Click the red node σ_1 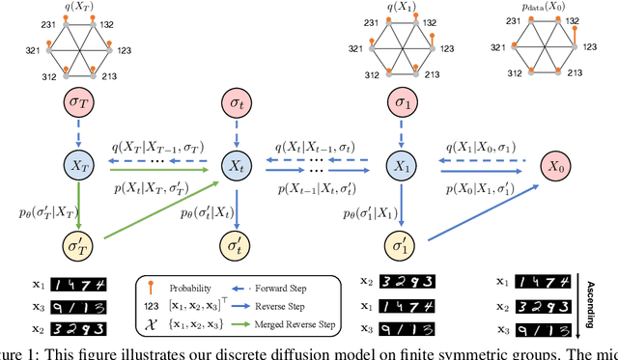(401, 102)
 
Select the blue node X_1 (401, 166)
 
